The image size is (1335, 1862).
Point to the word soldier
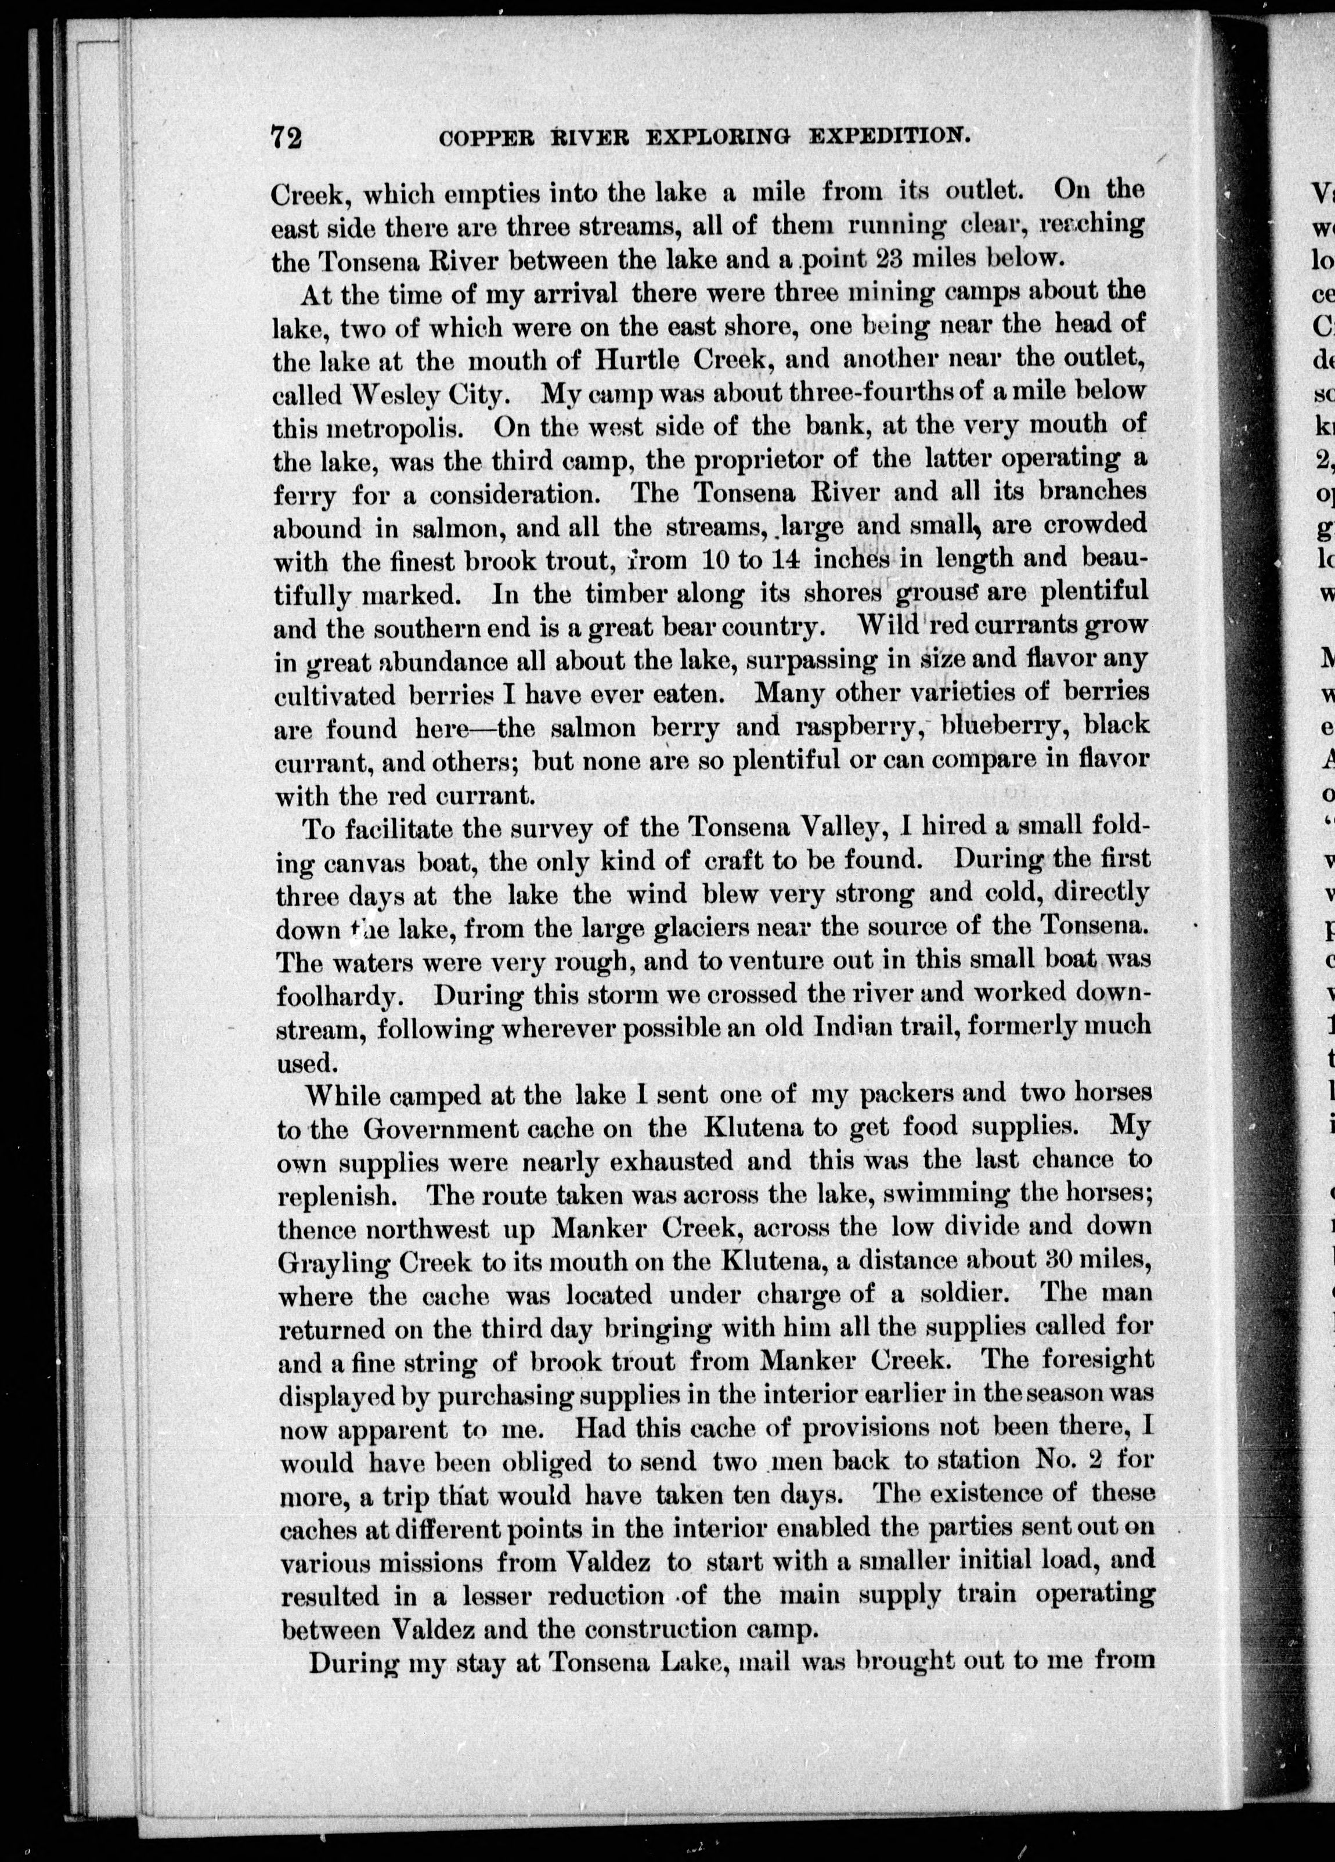point(958,1295)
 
